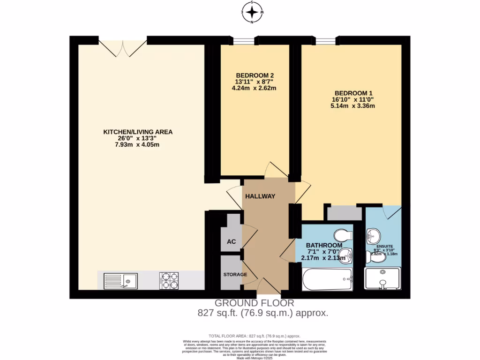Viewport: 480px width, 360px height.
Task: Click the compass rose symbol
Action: pos(252,11)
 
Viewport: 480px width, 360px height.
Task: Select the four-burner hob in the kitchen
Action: pos(169,281)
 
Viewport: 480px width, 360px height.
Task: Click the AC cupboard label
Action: pos(231,242)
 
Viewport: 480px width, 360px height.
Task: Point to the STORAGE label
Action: pos(235,274)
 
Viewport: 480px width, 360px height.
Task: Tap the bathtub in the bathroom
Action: pos(327,280)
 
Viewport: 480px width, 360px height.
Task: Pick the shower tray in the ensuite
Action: pos(382,280)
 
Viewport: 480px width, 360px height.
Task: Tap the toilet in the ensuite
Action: pos(369,256)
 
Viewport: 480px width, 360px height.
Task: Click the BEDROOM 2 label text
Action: pos(255,75)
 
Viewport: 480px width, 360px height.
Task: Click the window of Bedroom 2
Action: pos(245,40)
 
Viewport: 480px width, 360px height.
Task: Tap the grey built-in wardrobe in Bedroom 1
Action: pos(344,213)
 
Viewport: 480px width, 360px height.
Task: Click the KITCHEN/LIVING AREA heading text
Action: pos(138,132)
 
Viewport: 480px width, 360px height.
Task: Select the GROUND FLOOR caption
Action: pos(254,303)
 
